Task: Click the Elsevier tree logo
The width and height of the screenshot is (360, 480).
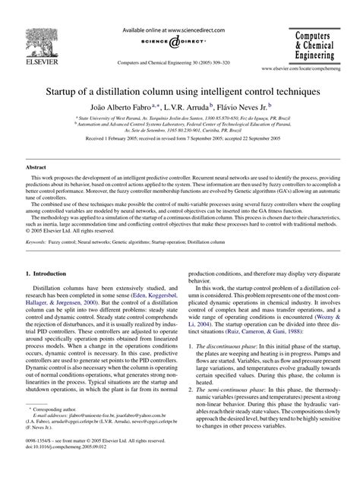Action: click(x=32, y=28)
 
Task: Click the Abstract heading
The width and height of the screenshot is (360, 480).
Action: click(x=38, y=166)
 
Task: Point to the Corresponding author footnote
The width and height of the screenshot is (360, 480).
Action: click(x=62, y=430)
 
